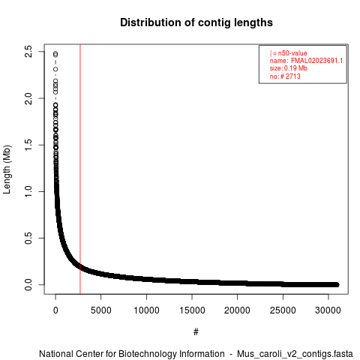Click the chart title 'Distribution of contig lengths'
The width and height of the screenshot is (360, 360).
click(x=196, y=22)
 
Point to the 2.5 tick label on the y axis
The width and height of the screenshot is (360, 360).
click(x=28, y=52)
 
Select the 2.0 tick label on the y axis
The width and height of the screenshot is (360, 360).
click(x=28, y=98)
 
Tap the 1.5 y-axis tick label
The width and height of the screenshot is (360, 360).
click(x=28, y=145)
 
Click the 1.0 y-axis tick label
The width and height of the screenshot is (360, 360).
click(x=28, y=191)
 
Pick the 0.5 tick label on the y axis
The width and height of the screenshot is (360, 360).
click(x=28, y=238)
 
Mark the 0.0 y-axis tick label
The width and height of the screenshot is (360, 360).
click(x=28, y=285)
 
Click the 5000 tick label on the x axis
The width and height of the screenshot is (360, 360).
click(x=101, y=310)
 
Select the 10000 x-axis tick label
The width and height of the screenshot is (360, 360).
click(x=146, y=310)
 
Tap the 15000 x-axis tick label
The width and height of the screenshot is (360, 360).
click(x=192, y=310)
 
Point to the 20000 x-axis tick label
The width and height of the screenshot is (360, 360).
click(x=237, y=310)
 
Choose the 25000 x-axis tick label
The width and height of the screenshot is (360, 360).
click(x=283, y=310)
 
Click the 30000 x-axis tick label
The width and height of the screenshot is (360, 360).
click(x=328, y=310)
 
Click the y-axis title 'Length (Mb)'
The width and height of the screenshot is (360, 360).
click(x=7, y=169)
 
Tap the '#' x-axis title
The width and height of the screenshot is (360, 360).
click(x=196, y=332)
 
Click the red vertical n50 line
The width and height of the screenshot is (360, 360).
click(x=80, y=169)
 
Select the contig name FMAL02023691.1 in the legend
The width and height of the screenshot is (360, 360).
click(x=316, y=61)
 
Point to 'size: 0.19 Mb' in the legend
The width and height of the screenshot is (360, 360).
click(x=289, y=68)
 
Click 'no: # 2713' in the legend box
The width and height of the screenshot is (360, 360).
click(x=285, y=76)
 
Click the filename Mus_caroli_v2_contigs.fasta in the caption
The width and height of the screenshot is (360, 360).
click(x=295, y=354)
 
